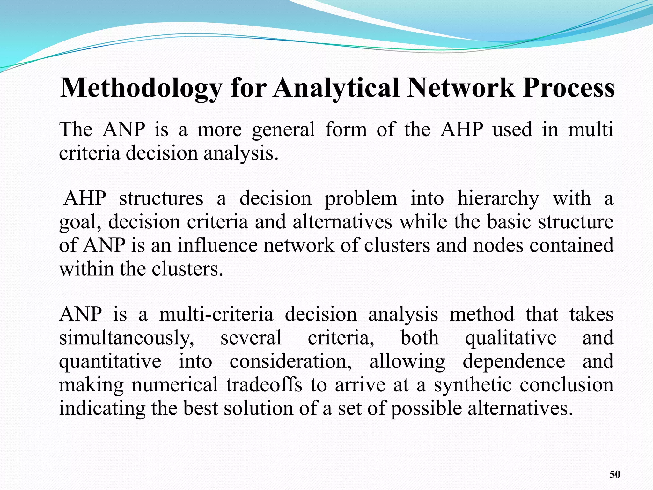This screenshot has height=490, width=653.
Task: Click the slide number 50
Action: point(615,474)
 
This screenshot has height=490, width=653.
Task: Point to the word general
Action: point(283,130)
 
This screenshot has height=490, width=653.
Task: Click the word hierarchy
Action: point(498,199)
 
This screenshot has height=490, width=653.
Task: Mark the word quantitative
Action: point(110,361)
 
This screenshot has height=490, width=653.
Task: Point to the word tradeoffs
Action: point(264,385)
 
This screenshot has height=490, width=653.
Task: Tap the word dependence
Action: point(514,361)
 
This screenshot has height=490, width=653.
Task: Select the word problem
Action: point(361,199)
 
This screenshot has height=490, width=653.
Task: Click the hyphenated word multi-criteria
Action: point(216,314)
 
